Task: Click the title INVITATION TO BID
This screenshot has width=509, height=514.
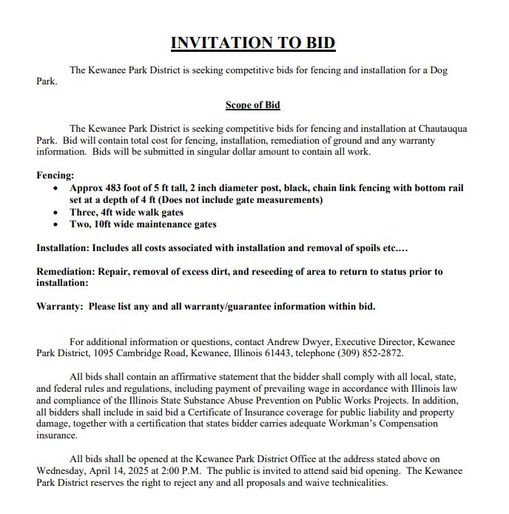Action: pyautogui.click(x=253, y=43)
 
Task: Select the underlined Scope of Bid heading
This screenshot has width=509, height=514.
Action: pyautogui.click(x=253, y=105)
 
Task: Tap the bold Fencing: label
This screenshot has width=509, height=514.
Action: pyautogui.click(x=55, y=176)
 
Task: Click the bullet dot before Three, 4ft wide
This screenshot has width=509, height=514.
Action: pyautogui.click(x=57, y=212)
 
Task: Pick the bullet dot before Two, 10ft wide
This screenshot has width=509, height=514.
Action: pyautogui.click(x=57, y=224)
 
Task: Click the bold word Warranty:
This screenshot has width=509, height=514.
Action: pyautogui.click(x=59, y=307)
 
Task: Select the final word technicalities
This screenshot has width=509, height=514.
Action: pyautogui.click(x=351, y=483)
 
